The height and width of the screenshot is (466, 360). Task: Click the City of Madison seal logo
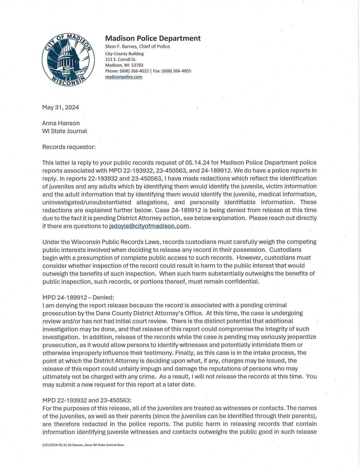click(x=68, y=59)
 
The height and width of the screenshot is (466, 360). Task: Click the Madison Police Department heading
click(x=153, y=38)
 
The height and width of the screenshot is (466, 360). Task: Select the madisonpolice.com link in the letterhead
click(x=124, y=77)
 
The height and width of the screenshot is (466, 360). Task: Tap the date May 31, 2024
click(x=61, y=107)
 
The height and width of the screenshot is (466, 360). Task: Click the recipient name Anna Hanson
click(x=61, y=123)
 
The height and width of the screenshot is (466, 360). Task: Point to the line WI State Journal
click(x=64, y=131)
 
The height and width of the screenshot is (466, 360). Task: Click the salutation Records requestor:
click(x=69, y=147)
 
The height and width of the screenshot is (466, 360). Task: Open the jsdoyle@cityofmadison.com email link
click(x=149, y=226)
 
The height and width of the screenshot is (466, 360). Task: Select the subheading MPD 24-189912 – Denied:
click(x=78, y=297)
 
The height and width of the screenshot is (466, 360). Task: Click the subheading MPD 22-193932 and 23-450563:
click(x=87, y=400)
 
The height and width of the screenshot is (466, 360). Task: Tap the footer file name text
click(x=83, y=445)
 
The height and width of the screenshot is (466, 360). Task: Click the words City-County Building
click(x=124, y=54)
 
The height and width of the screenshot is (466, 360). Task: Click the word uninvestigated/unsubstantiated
click(x=87, y=202)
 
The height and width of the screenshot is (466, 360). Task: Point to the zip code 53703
click(x=137, y=65)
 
